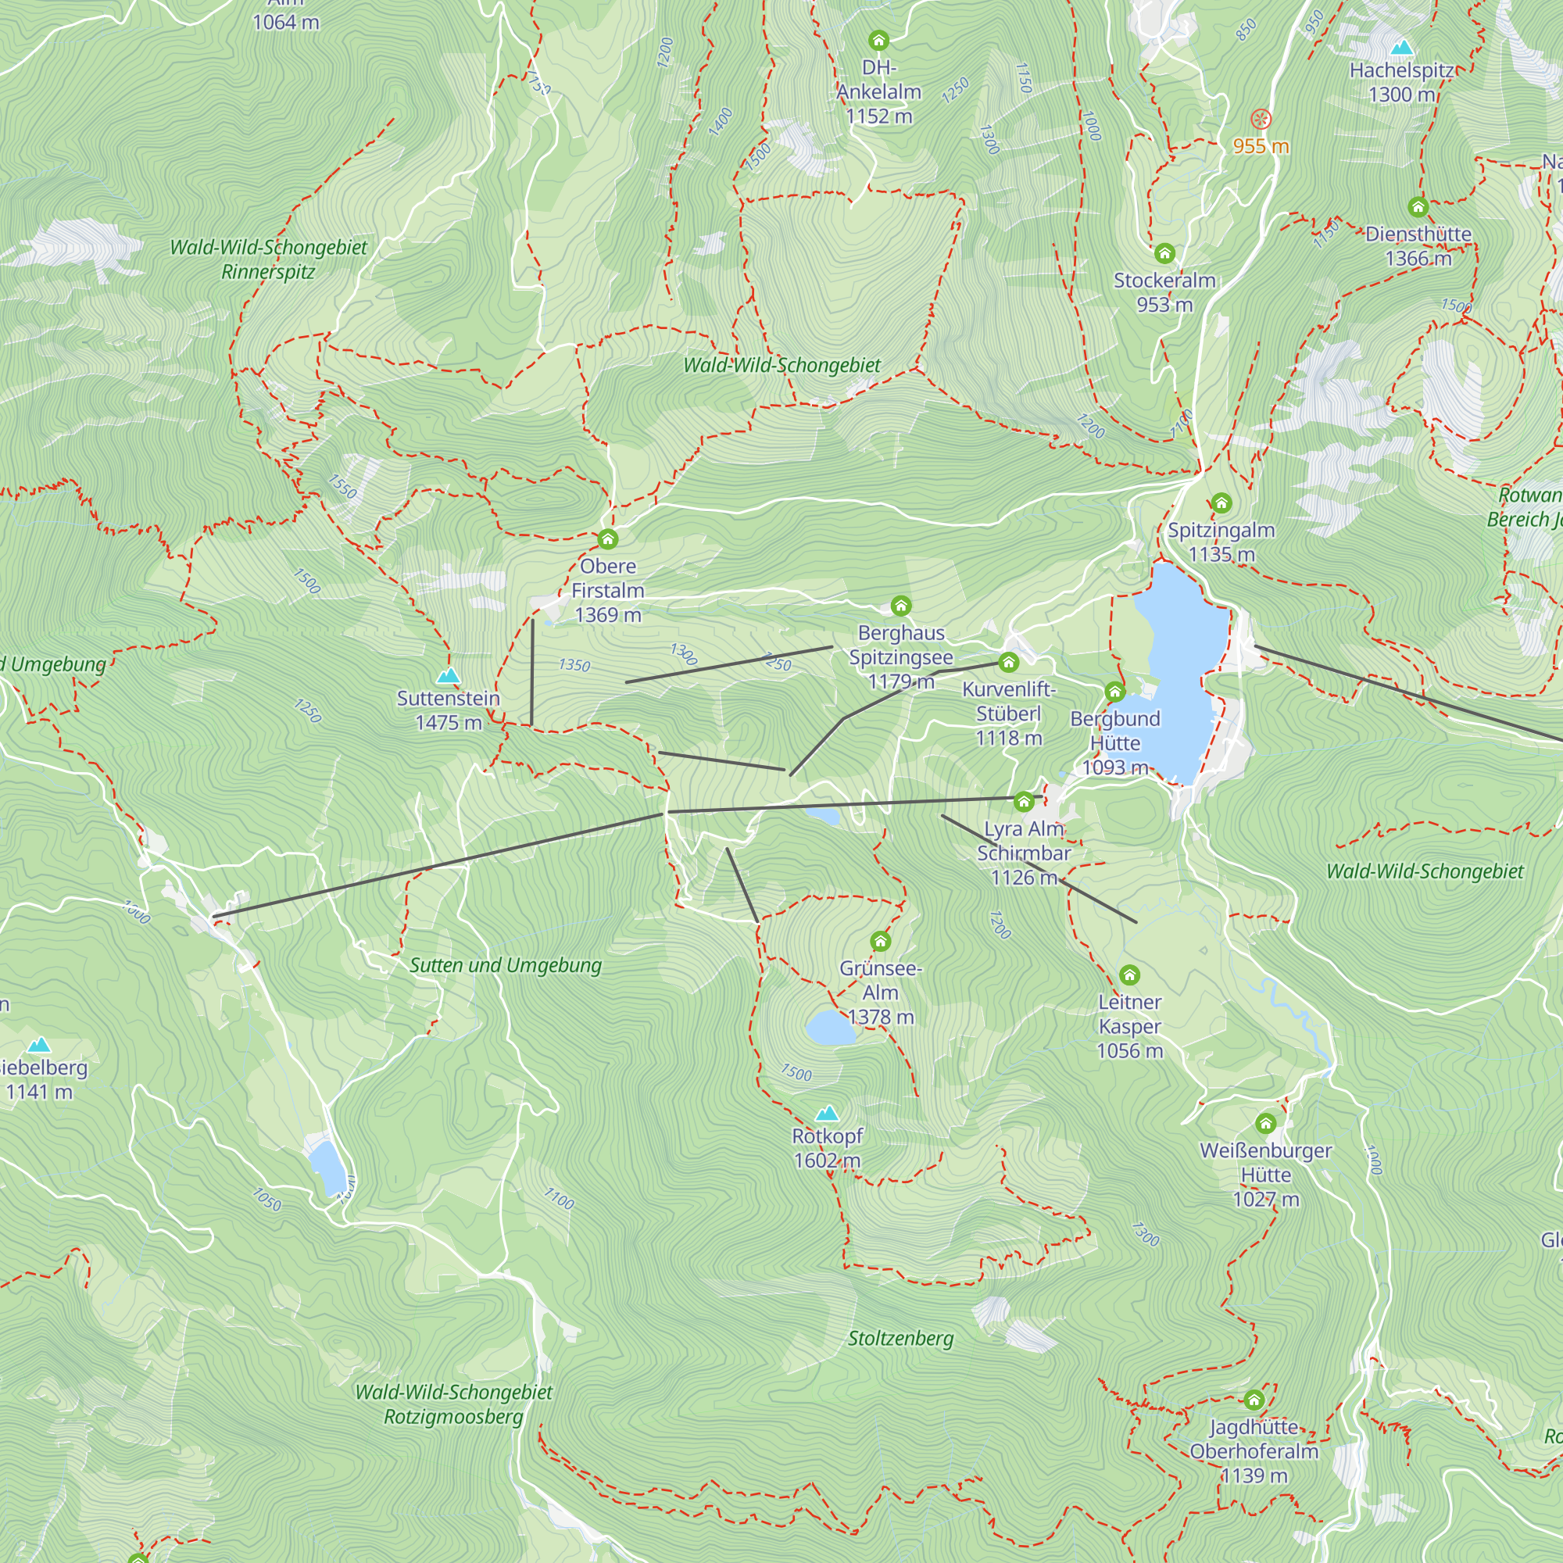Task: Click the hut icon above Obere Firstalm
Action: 607,538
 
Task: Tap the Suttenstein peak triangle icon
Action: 447,675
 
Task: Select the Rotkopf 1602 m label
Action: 827,1148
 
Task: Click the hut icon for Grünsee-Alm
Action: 880,941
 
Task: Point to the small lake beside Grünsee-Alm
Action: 830,1028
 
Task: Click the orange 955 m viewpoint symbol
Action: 1261,120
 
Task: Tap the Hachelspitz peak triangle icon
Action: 1401,48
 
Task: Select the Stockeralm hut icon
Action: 1164,254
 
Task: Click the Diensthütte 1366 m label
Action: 1418,246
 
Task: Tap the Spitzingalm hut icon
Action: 1221,503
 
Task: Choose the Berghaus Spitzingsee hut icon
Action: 900,605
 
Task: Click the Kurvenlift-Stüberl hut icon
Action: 1008,663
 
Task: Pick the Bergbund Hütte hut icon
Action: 1115,691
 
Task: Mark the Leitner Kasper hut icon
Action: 1129,975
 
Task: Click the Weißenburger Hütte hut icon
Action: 1265,1123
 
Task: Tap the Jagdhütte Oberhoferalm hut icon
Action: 1254,1400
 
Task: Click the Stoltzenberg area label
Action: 900,1339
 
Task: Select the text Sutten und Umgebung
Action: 506,965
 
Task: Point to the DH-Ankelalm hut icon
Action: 878,41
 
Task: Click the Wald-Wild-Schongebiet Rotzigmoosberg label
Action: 453,1404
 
